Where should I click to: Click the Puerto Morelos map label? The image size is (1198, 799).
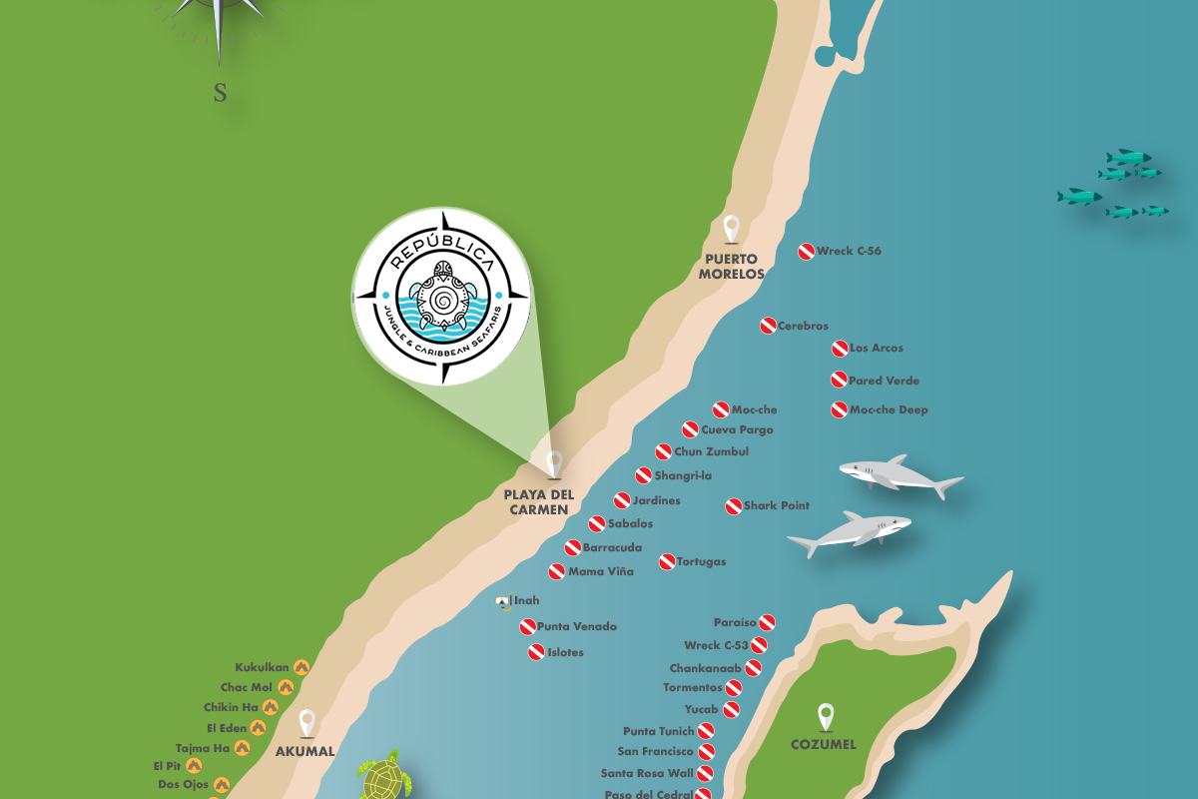coord(731,267)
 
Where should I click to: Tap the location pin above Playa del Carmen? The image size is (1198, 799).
coord(555,464)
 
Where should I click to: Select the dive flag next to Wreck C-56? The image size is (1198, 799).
coord(806,252)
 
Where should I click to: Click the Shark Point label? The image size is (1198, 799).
coord(776,506)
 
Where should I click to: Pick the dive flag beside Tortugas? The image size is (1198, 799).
coord(667,562)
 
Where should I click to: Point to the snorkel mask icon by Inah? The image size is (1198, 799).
coord(504,601)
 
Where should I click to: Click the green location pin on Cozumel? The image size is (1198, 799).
coord(825,717)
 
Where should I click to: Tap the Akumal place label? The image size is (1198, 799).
coord(306,752)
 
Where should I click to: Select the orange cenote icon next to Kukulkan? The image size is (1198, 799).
coord(300,667)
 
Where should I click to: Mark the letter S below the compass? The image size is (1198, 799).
coord(220,94)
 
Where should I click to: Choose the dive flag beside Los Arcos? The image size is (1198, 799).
coord(840,349)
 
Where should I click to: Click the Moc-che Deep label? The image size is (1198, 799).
coord(889,410)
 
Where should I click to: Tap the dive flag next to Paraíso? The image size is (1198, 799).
coord(767,622)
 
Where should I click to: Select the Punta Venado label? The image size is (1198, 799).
coord(577,627)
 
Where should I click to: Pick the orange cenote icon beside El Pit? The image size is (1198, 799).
coord(194,766)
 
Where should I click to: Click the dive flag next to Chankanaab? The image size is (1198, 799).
coord(753,668)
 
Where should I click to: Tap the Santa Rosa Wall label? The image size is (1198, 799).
coord(647,773)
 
